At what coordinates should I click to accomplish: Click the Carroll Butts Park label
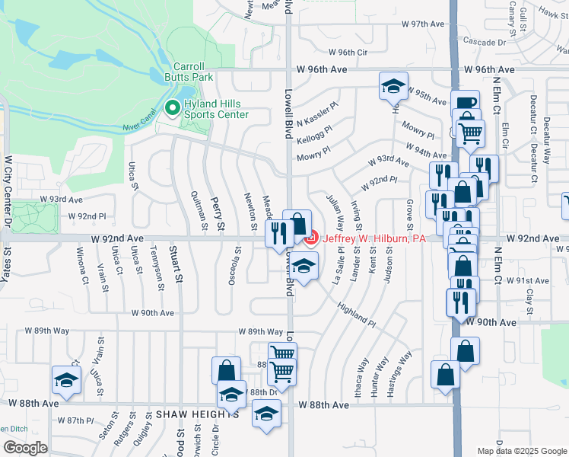pos(189,72)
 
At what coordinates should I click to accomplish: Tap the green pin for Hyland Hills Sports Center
pos(172,108)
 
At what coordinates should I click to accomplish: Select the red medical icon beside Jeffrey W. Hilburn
pos(310,239)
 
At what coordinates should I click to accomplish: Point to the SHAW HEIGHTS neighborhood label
pos(197,414)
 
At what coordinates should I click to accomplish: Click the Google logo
pos(25,448)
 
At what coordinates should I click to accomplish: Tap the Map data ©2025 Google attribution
pos(522,451)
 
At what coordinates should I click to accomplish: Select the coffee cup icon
pos(465,103)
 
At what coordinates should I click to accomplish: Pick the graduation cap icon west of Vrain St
pos(66,379)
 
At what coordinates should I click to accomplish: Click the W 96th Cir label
pos(348,52)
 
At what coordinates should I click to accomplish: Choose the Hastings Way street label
pos(399,372)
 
